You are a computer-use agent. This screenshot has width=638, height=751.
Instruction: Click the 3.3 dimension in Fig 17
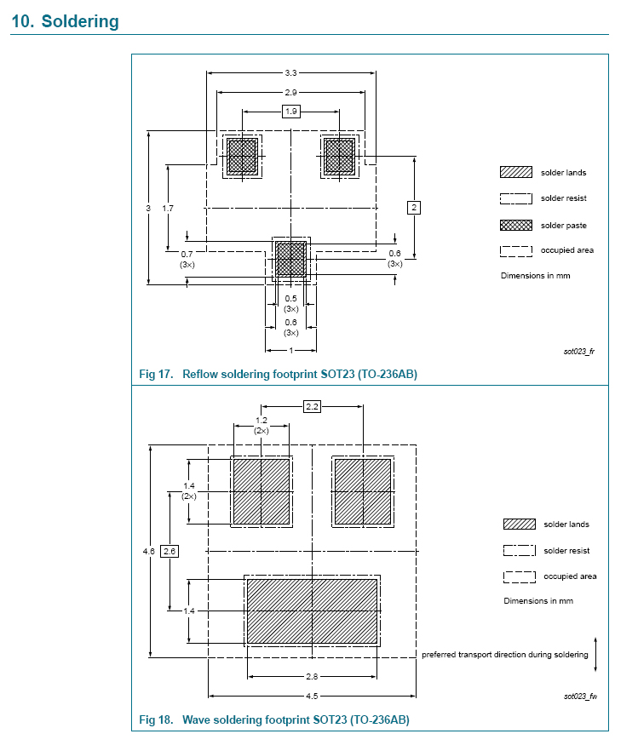point(290,73)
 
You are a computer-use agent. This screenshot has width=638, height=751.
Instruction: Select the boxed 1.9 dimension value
point(291,112)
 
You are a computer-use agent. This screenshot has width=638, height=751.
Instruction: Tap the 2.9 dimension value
point(290,93)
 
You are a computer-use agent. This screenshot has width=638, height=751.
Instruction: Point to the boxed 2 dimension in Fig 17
point(414,208)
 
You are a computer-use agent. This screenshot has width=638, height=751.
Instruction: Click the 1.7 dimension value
point(168,209)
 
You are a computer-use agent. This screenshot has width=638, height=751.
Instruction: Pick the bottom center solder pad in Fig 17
point(291,259)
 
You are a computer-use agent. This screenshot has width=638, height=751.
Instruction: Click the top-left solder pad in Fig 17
point(243,156)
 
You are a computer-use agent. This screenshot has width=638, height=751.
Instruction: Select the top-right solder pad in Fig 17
point(340,156)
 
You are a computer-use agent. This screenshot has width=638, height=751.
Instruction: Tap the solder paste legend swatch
point(516,225)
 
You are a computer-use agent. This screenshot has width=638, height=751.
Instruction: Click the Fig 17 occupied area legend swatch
point(516,251)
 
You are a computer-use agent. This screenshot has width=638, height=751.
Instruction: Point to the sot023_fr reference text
point(579,352)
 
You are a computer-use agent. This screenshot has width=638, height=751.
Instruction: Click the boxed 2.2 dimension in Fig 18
point(313,407)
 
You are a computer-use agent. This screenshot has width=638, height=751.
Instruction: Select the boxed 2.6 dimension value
point(170,551)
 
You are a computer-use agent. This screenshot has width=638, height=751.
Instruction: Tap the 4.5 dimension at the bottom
point(312,696)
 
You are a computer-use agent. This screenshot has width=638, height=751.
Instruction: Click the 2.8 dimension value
point(312,677)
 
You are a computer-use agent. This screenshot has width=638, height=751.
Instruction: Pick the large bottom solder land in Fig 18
point(313,611)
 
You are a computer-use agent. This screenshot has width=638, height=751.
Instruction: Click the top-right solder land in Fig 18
point(363,492)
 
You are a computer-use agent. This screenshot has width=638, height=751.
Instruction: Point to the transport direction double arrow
point(595,654)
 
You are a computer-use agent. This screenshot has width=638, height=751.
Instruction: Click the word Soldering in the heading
point(80,21)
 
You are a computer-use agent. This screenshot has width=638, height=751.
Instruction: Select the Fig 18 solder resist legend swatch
point(520,550)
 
